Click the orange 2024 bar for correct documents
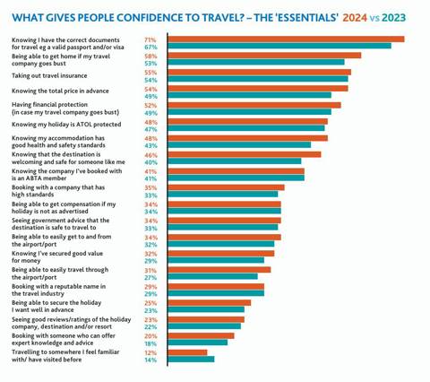[x=286, y=39]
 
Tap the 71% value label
[x=150, y=39]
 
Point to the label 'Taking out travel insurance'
[x=49, y=76]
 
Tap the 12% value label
[x=150, y=352]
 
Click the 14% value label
[x=150, y=360]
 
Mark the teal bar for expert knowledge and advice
[x=198, y=343]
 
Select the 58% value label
[x=150, y=56]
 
